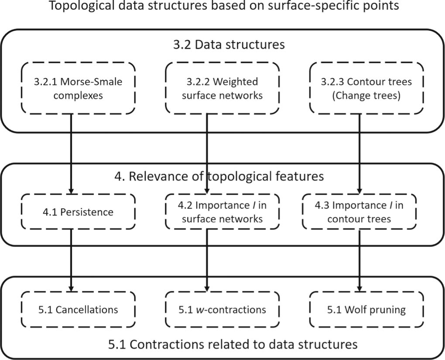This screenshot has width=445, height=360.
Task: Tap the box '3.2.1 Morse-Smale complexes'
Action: [79, 88]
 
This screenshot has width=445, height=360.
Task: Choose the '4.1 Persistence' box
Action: [79, 212]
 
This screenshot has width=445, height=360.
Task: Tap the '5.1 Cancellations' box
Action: [79, 310]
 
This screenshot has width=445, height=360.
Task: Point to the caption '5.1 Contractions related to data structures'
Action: [233, 344]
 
